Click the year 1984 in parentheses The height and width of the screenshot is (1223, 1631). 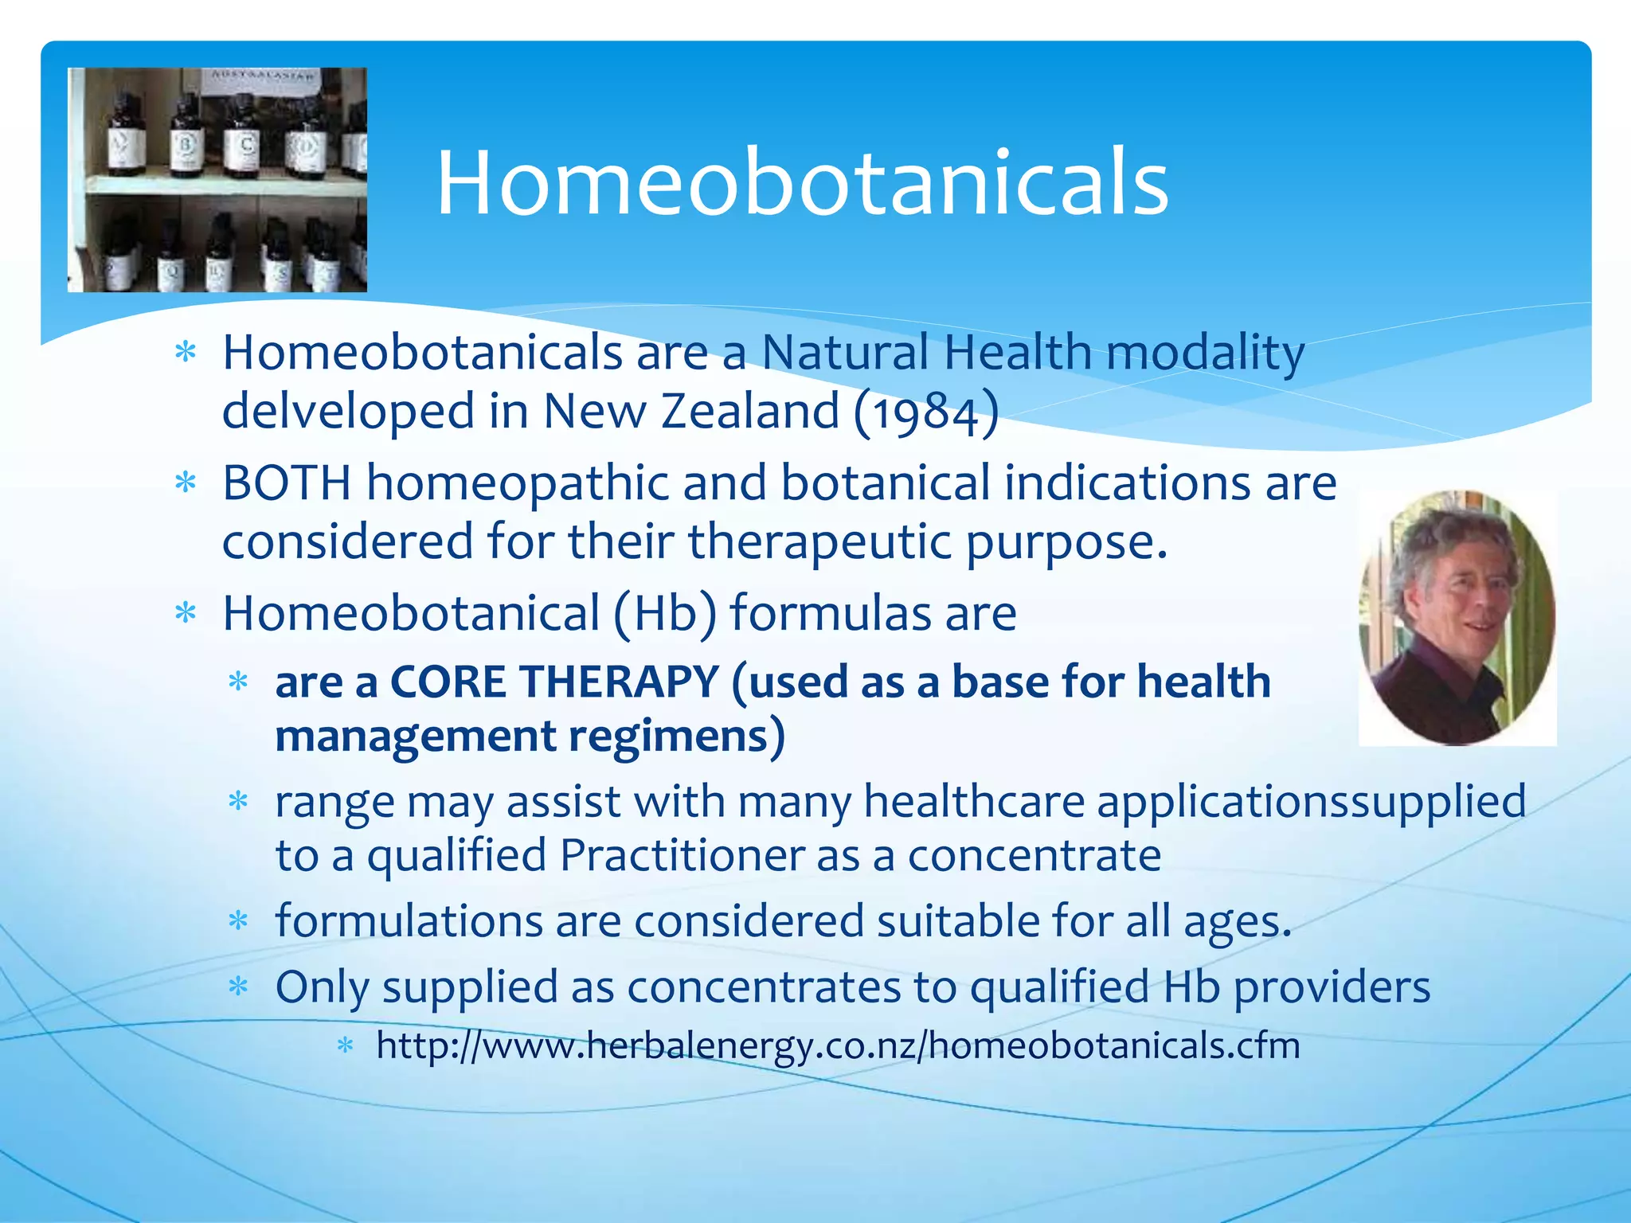(x=925, y=412)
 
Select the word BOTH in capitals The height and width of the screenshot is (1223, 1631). (x=287, y=483)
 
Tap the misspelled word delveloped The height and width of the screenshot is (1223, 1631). (x=348, y=412)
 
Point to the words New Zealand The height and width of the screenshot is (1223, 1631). (x=691, y=412)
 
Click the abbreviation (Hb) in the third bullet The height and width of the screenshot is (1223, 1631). (x=665, y=614)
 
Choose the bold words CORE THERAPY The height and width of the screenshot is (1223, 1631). (x=554, y=682)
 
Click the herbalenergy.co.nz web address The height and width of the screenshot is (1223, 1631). (x=838, y=1045)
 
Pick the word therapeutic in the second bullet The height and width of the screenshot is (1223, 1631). (x=819, y=541)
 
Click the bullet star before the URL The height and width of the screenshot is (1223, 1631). (x=345, y=1045)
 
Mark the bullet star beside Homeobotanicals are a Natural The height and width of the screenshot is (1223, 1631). (x=186, y=352)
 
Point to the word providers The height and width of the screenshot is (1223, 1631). (x=1332, y=987)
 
